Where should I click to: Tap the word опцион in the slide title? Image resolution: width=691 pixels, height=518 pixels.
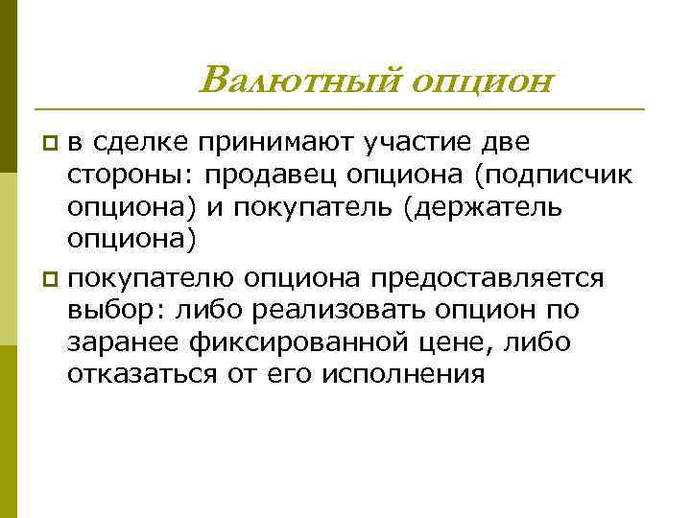481,82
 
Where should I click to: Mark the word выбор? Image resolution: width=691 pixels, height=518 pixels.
107,311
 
